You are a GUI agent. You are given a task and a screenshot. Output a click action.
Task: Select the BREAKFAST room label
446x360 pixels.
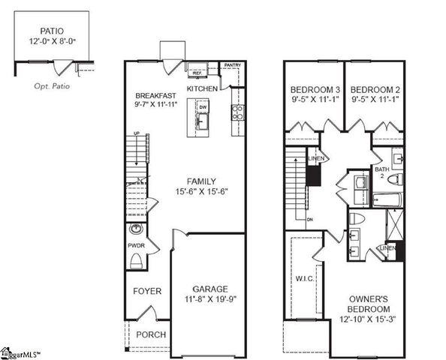click(x=155, y=96)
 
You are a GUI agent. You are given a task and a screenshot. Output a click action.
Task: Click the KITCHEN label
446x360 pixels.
click(x=202, y=88)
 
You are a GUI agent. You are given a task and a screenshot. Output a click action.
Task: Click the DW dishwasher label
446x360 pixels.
click(x=203, y=107)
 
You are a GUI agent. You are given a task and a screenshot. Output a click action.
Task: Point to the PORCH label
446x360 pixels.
click(x=150, y=334)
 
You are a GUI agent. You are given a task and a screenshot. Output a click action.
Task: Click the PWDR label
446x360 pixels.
click(x=135, y=244)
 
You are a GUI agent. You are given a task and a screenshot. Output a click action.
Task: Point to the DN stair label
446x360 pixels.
click(x=309, y=219)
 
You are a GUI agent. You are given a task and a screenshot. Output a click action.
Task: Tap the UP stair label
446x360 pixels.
click(x=136, y=133)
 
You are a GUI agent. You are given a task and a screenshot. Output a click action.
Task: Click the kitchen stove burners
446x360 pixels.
click(x=237, y=112)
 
